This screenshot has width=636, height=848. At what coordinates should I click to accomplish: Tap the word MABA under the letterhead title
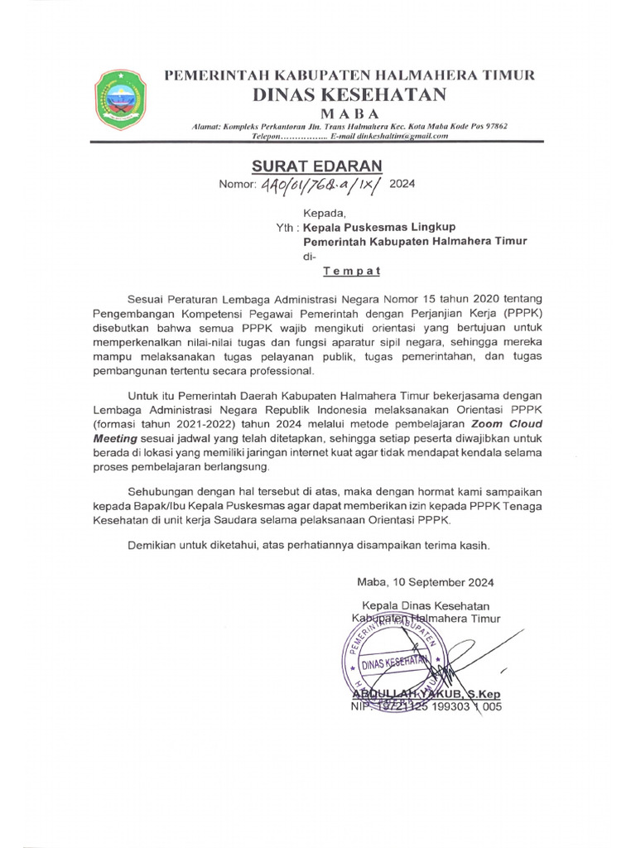[x=349, y=113]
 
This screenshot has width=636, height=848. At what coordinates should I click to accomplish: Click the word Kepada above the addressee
[x=322, y=212]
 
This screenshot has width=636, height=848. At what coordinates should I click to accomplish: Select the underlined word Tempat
[x=351, y=270]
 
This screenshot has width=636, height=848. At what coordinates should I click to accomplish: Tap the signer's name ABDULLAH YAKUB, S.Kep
[x=427, y=694]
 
